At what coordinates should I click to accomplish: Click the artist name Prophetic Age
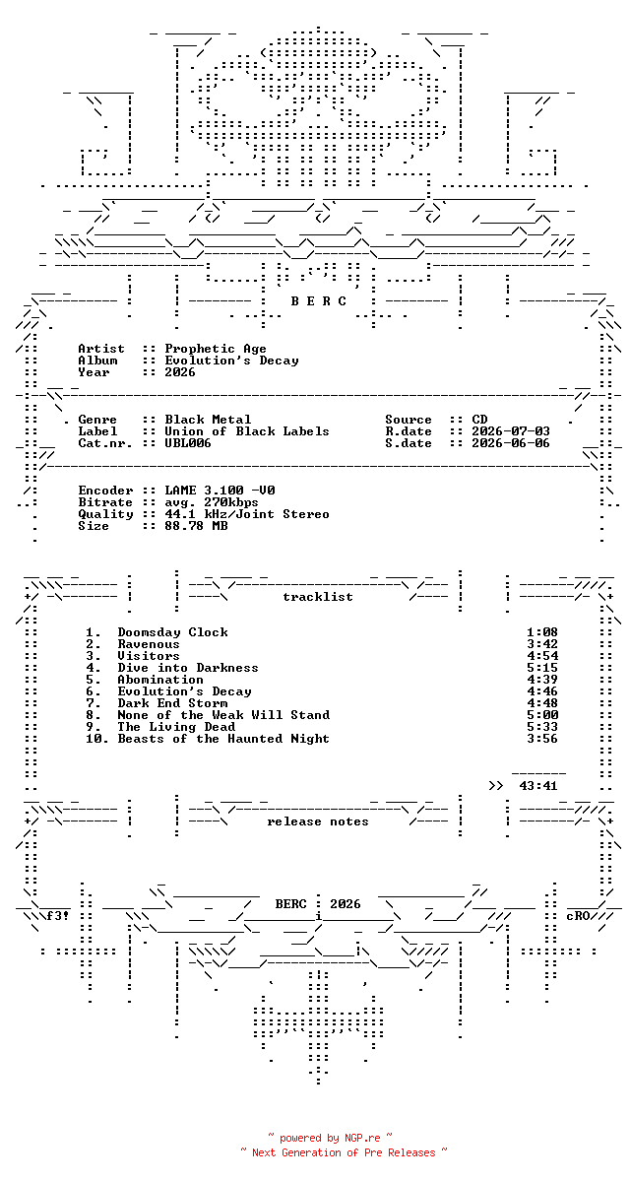click(216, 350)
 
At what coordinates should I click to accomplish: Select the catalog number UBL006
click(188, 443)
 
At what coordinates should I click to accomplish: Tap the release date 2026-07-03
click(510, 431)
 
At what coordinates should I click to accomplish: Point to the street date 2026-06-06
click(510, 443)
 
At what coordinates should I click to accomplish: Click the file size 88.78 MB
click(196, 526)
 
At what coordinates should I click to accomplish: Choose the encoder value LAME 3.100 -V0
click(220, 491)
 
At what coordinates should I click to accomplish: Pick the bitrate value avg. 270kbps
click(211, 502)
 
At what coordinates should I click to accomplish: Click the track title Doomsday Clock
click(172, 632)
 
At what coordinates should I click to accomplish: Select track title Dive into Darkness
click(188, 668)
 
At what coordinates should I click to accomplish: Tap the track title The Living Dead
click(176, 727)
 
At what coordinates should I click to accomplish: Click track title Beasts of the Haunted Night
click(223, 739)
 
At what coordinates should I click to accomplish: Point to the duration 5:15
click(542, 668)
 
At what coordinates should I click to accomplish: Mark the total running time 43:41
click(537, 786)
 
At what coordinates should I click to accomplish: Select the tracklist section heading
click(317, 597)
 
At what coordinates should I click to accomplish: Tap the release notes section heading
click(317, 821)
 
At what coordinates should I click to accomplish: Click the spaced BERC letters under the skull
click(318, 301)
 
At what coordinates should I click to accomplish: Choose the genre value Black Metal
click(208, 420)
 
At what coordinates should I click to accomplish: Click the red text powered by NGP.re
click(330, 1139)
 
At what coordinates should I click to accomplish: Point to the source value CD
click(479, 420)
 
